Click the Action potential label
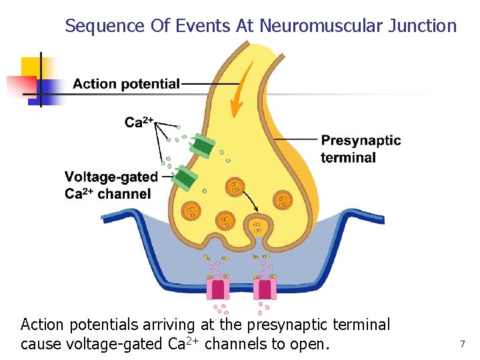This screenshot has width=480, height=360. coord(126,84)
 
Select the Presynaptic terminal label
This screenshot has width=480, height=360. coord(360,149)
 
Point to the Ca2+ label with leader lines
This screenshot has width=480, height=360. coord(139,122)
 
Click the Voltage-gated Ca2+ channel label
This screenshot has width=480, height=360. coord(111,185)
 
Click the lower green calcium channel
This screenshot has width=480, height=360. coord(184,177)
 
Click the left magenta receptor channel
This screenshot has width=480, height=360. coord(217,289)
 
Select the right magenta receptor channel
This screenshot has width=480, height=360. coord(265,289)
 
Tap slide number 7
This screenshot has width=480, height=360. coord(462,344)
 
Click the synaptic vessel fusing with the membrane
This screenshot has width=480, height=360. coord(257,227)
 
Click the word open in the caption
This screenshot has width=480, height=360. coord(307,344)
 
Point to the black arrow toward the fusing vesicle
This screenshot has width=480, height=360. coord(249,199)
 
